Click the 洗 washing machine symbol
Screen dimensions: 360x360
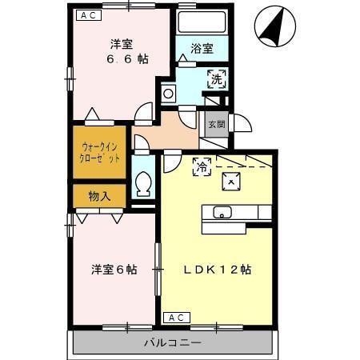(x=217, y=78)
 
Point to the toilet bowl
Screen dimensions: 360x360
(x=144, y=184)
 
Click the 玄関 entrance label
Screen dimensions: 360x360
(x=216, y=125)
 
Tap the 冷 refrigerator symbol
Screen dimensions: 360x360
(x=202, y=166)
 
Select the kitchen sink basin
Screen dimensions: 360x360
(x=221, y=212)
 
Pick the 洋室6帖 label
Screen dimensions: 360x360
(x=113, y=270)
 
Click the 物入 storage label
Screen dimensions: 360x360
(x=100, y=195)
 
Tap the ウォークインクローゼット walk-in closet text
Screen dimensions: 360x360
(x=100, y=152)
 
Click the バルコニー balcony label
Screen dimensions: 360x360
(x=174, y=343)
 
